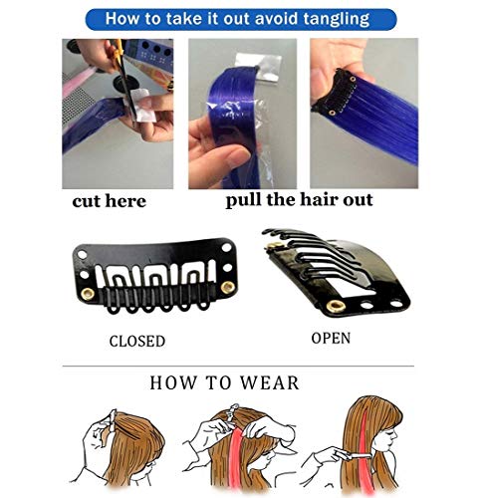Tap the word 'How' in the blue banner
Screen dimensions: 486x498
(121, 19)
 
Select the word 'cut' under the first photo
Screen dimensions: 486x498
(87, 201)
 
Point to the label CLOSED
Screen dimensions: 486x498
(137, 342)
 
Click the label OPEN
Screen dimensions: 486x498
(331, 339)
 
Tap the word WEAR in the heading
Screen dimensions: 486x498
(269, 382)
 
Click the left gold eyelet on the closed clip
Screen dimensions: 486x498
(88, 294)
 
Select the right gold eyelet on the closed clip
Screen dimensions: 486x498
(228, 287)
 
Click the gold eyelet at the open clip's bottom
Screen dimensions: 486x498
(335, 306)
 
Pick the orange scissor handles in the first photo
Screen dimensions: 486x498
(118, 48)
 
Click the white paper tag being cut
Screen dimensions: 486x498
(141, 105)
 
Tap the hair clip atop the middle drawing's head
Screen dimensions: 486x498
(231, 411)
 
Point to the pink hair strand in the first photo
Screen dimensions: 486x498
(75, 82)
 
